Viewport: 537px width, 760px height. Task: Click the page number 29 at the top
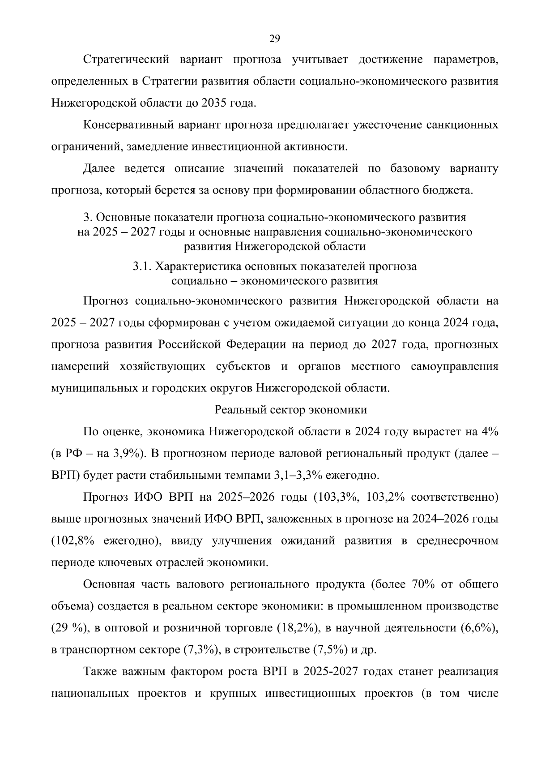274,39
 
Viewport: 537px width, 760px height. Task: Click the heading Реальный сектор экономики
291,410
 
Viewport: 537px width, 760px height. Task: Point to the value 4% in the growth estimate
489,431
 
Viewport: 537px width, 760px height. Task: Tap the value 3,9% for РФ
127,453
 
